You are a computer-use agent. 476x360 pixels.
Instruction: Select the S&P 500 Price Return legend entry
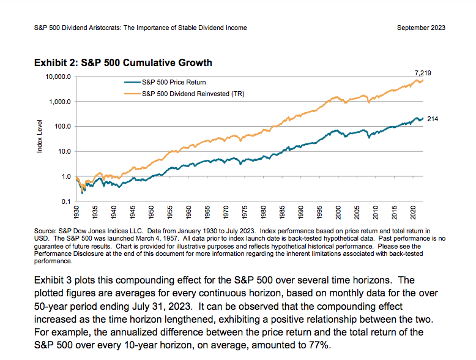(173, 81)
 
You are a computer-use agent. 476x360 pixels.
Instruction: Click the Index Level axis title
(40, 140)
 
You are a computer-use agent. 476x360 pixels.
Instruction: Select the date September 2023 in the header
(421, 28)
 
